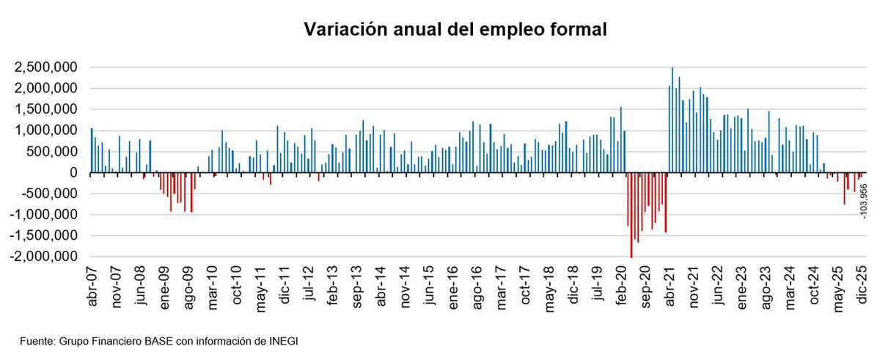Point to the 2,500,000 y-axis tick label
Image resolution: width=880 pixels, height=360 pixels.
click(x=45, y=67)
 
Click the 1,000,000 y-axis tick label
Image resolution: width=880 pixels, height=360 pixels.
click(x=45, y=131)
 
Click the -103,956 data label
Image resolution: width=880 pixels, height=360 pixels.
click(x=862, y=199)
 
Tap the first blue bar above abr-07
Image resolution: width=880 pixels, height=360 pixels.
click(x=92, y=150)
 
